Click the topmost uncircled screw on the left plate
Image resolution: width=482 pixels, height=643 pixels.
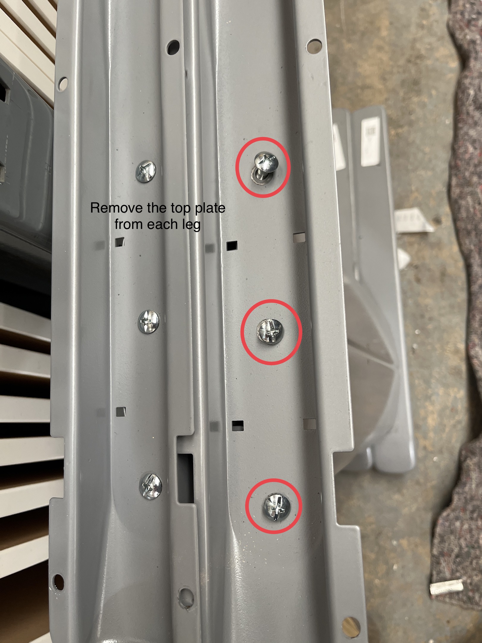point(146,171)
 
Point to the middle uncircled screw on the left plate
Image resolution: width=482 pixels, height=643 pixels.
point(149,322)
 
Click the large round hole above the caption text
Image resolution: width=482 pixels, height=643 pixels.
point(173,47)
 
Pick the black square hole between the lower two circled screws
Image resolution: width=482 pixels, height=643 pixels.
point(238,426)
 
